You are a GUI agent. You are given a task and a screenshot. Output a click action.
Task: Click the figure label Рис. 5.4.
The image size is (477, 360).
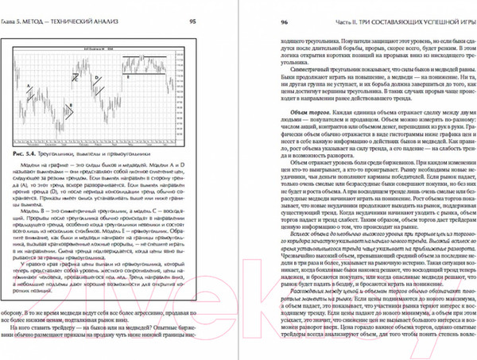pos(29,152)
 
